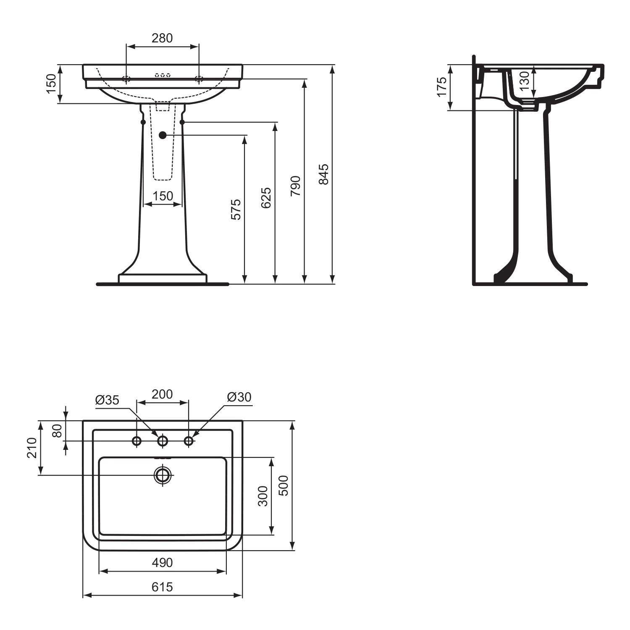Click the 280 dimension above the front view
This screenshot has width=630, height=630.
[x=162, y=38]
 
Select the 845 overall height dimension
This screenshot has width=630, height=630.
[x=323, y=174]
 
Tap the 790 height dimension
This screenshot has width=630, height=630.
[x=296, y=186]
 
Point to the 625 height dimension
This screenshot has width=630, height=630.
[x=266, y=198]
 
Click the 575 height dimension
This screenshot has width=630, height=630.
[x=236, y=209]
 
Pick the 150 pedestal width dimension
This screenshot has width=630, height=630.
[x=163, y=196]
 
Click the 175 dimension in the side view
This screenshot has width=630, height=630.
[x=442, y=87]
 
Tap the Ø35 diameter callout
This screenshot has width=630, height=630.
[x=107, y=400]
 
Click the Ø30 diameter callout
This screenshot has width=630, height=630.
[x=239, y=397]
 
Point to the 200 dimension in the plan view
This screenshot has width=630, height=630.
[x=162, y=394]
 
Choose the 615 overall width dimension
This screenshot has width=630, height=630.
[x=162, y=586]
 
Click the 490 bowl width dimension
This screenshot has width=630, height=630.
[x=162, y=562]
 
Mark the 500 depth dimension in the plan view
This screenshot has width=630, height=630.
[x=284, y=486]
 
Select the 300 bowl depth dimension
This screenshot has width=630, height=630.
[x=262, y=496]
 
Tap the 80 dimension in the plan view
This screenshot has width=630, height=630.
[x=57, y=430]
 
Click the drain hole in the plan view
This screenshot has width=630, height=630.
[x=163, y=475]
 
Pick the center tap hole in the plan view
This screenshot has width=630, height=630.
[x=163, y=441]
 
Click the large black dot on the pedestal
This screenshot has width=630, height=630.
[x=163, y=135]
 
